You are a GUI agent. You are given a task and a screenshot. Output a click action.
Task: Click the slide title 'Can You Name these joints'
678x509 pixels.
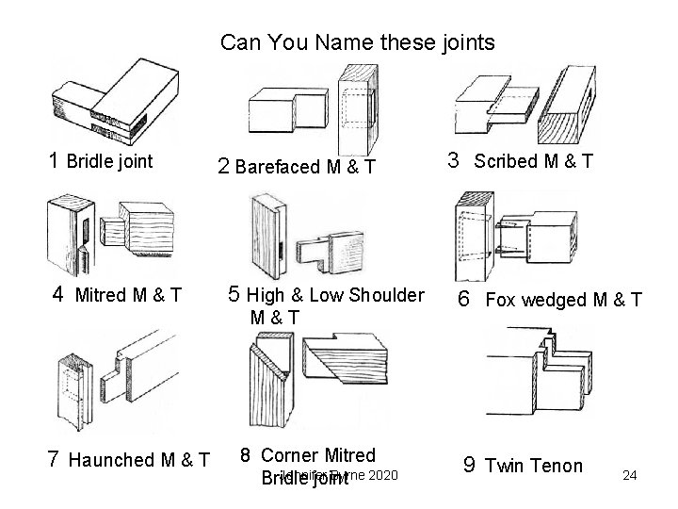pos(357,43)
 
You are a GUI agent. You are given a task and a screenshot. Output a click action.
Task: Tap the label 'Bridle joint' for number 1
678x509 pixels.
pos(109,161)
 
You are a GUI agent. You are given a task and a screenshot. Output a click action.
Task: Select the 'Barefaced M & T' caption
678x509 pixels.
pos(306,168)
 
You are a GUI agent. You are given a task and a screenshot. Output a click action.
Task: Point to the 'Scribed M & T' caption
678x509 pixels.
pos(533,161)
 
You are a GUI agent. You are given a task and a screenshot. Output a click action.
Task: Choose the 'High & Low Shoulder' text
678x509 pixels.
pos(334,295)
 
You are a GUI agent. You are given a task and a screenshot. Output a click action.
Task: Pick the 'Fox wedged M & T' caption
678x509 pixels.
pos(563,300)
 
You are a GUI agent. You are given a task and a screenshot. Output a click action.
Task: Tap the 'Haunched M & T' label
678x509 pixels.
pos(138,460)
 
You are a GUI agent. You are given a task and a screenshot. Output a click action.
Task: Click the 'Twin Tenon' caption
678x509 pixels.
pos(534,465)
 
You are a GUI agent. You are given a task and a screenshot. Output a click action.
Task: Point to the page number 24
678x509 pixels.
pos(630,475)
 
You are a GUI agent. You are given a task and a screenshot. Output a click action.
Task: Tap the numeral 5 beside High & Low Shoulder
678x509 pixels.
pos(235,295)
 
